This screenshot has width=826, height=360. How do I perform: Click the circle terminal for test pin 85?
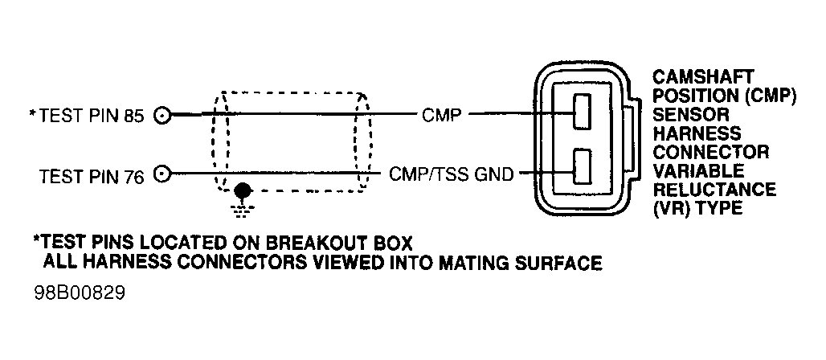pos(164,116)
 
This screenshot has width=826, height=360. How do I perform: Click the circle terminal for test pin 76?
pos(164,174)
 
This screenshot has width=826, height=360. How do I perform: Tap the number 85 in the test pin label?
pos(133,117)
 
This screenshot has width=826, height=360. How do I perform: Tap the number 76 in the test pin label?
pos(133,175)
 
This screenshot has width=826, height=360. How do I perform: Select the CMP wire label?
pos(441,115)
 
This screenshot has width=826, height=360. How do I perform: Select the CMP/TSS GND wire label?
pos(451,174)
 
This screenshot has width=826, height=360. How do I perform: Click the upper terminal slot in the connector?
pos(582,112)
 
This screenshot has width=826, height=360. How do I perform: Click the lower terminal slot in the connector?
pos(582,170)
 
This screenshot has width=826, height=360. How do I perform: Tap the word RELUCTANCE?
pos(714,190)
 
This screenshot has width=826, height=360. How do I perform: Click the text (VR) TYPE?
pos(697,209)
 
